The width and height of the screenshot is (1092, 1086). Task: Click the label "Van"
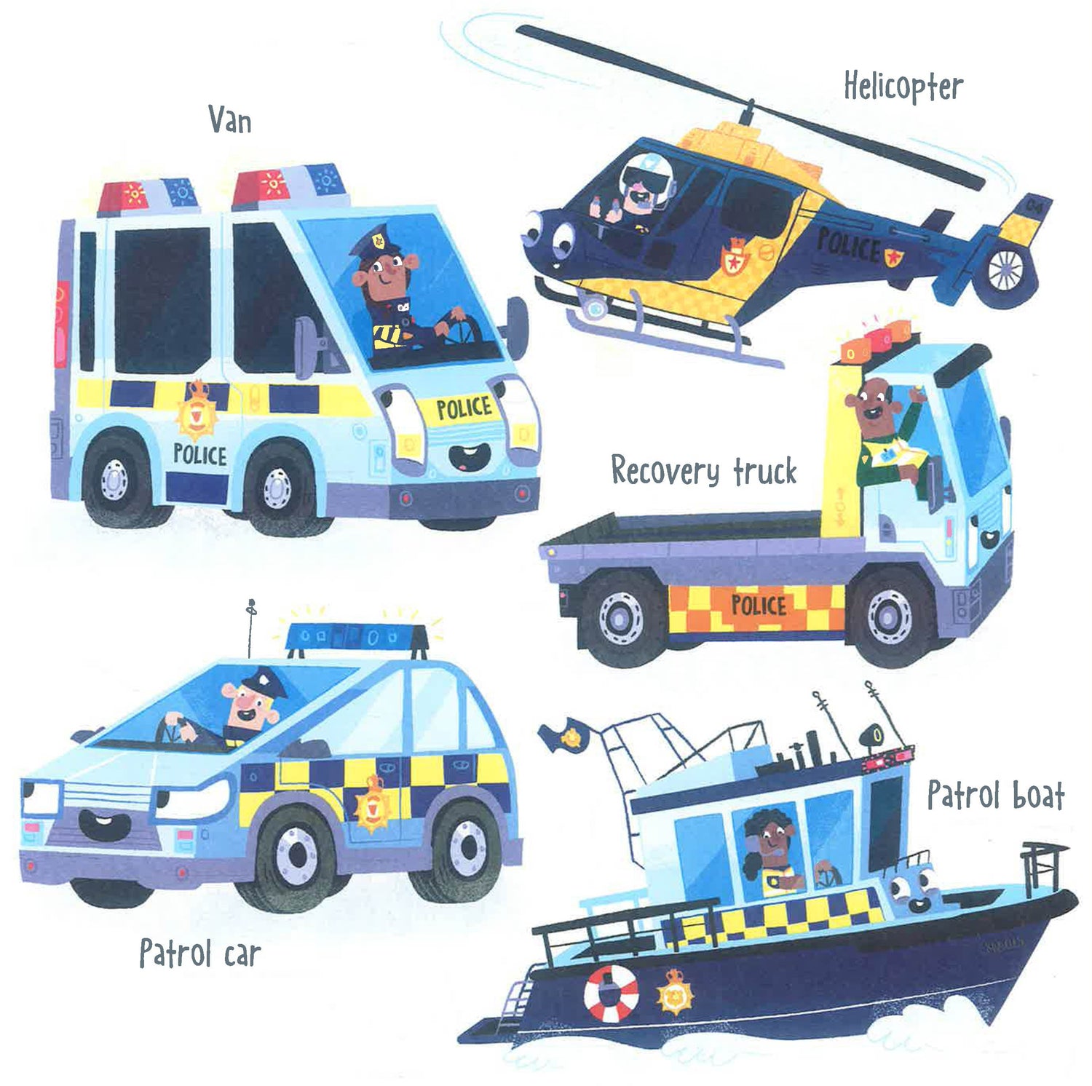pyautogui.click(x=230, y=119)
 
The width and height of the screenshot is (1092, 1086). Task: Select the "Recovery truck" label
pyautogui.click(x=704, y=471)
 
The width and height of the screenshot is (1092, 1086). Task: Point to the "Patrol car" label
pyautogui.click(x=200, y=953)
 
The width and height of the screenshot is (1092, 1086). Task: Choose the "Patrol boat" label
pyautogui.click(x=996, y=794)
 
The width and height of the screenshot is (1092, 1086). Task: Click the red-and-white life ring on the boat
pyautogui.click(x=611, y=992)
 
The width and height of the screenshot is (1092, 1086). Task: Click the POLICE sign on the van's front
pyautogui.click(x=464, y=408)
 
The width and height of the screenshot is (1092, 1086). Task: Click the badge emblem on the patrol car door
pyautogui.click(x=373, y=803)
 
